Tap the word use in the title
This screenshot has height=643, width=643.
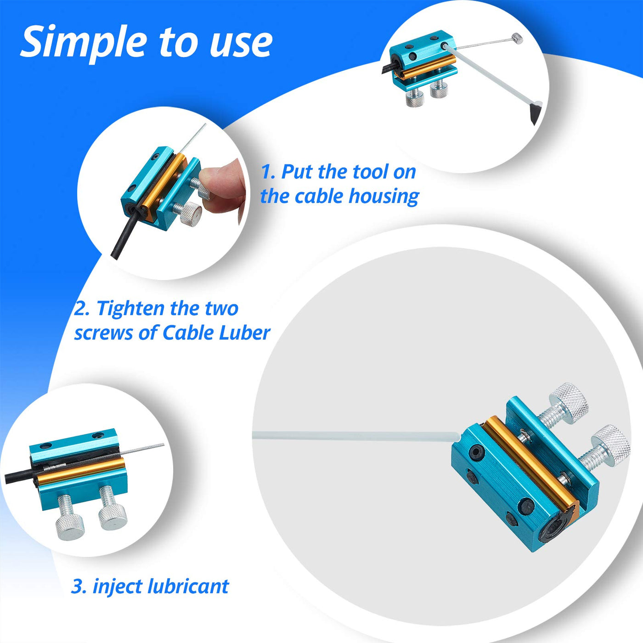click(241, 44)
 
